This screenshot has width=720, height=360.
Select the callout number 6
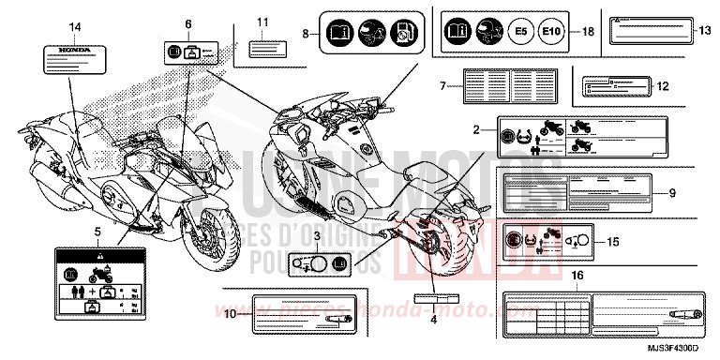point(187,22)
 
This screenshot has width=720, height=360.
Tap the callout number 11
point(262,21)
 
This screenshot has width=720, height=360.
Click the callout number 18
point(588,31)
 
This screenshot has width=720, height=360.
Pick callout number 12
point(665,85)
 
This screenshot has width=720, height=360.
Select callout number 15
point(611,242)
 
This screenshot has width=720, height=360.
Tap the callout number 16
point(577,275)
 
